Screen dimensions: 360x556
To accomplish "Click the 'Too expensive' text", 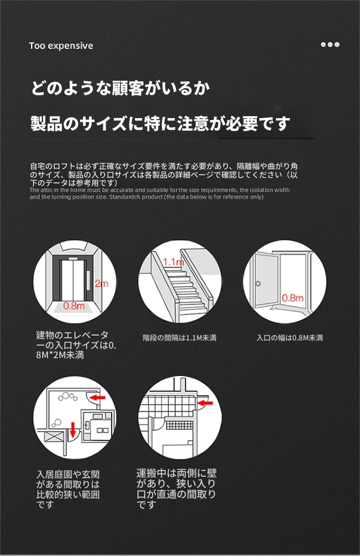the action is click(x=61, y=46).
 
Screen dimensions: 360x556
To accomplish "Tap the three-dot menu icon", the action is click(x=330, y=45).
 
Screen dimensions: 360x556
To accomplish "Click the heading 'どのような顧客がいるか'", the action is click(x=120, y=88).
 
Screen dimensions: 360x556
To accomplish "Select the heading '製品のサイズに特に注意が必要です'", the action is click(x=160, y=123).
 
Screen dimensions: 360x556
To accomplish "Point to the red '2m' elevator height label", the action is click(x=101, y=284).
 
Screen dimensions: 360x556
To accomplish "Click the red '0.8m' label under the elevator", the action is click(x=74, y=306).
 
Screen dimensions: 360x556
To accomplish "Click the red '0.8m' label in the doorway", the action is click(x=293, y=298).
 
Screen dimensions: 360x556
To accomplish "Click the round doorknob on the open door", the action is click(x=258, y=283).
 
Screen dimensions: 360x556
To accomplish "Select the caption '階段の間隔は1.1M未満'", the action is click(x=180, y=338).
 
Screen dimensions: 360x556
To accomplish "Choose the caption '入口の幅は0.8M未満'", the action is click(x=290, y=338).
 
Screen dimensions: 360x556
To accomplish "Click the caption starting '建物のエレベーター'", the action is click(x=76, y=345).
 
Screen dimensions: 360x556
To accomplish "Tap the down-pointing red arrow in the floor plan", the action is click(x=73, y=430).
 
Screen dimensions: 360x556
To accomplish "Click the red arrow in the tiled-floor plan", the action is click(x=205, y=403).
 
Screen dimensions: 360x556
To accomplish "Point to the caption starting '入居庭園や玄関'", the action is click(x=68, y=489).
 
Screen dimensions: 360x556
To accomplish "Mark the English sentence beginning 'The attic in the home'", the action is click(x=159, y=193).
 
